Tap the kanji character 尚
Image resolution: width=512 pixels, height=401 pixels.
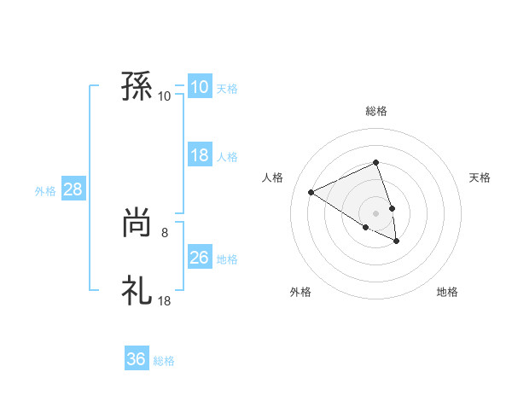pyautogui.click(x=137, y=224)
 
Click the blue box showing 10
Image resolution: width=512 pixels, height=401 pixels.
pyautogui.click(x=199, y=87)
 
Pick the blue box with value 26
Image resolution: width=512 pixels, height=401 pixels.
pyautogui.click(x=199, y=258)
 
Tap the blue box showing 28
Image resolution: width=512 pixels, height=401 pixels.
pyautogui.click(x=73, y=189)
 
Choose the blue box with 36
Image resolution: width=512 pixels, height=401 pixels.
pyautogui.click(x=136, y=359)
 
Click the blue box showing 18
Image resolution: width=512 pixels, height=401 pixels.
pyautogui.click(x=199, y=155)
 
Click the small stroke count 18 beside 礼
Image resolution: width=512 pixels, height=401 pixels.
pyautogui.click(x=164, y=300)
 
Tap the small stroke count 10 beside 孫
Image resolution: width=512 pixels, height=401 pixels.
pyautogui.click(x=164, y=96)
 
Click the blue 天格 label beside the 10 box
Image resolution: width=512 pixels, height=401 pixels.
pyautogui.click(x=227, y=88)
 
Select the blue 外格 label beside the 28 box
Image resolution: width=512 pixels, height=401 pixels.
pyautogui.click(x=45, y=191)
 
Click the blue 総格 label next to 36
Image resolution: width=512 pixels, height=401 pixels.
pyautogui.click(x=164, y=361)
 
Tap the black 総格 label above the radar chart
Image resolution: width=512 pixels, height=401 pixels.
pyautogui.click(x=376, y=112)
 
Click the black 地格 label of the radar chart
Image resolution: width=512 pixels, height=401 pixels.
pyautogui.click(x=447, y=292)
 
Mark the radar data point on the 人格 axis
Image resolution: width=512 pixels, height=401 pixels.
pyautogui.click(x=311, y=193)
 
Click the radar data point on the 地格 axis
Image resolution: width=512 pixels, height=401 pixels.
pyautogui.click(x=397, y=241)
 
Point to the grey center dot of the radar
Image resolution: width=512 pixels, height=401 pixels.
pyautogui.click(x=376, y=212)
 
